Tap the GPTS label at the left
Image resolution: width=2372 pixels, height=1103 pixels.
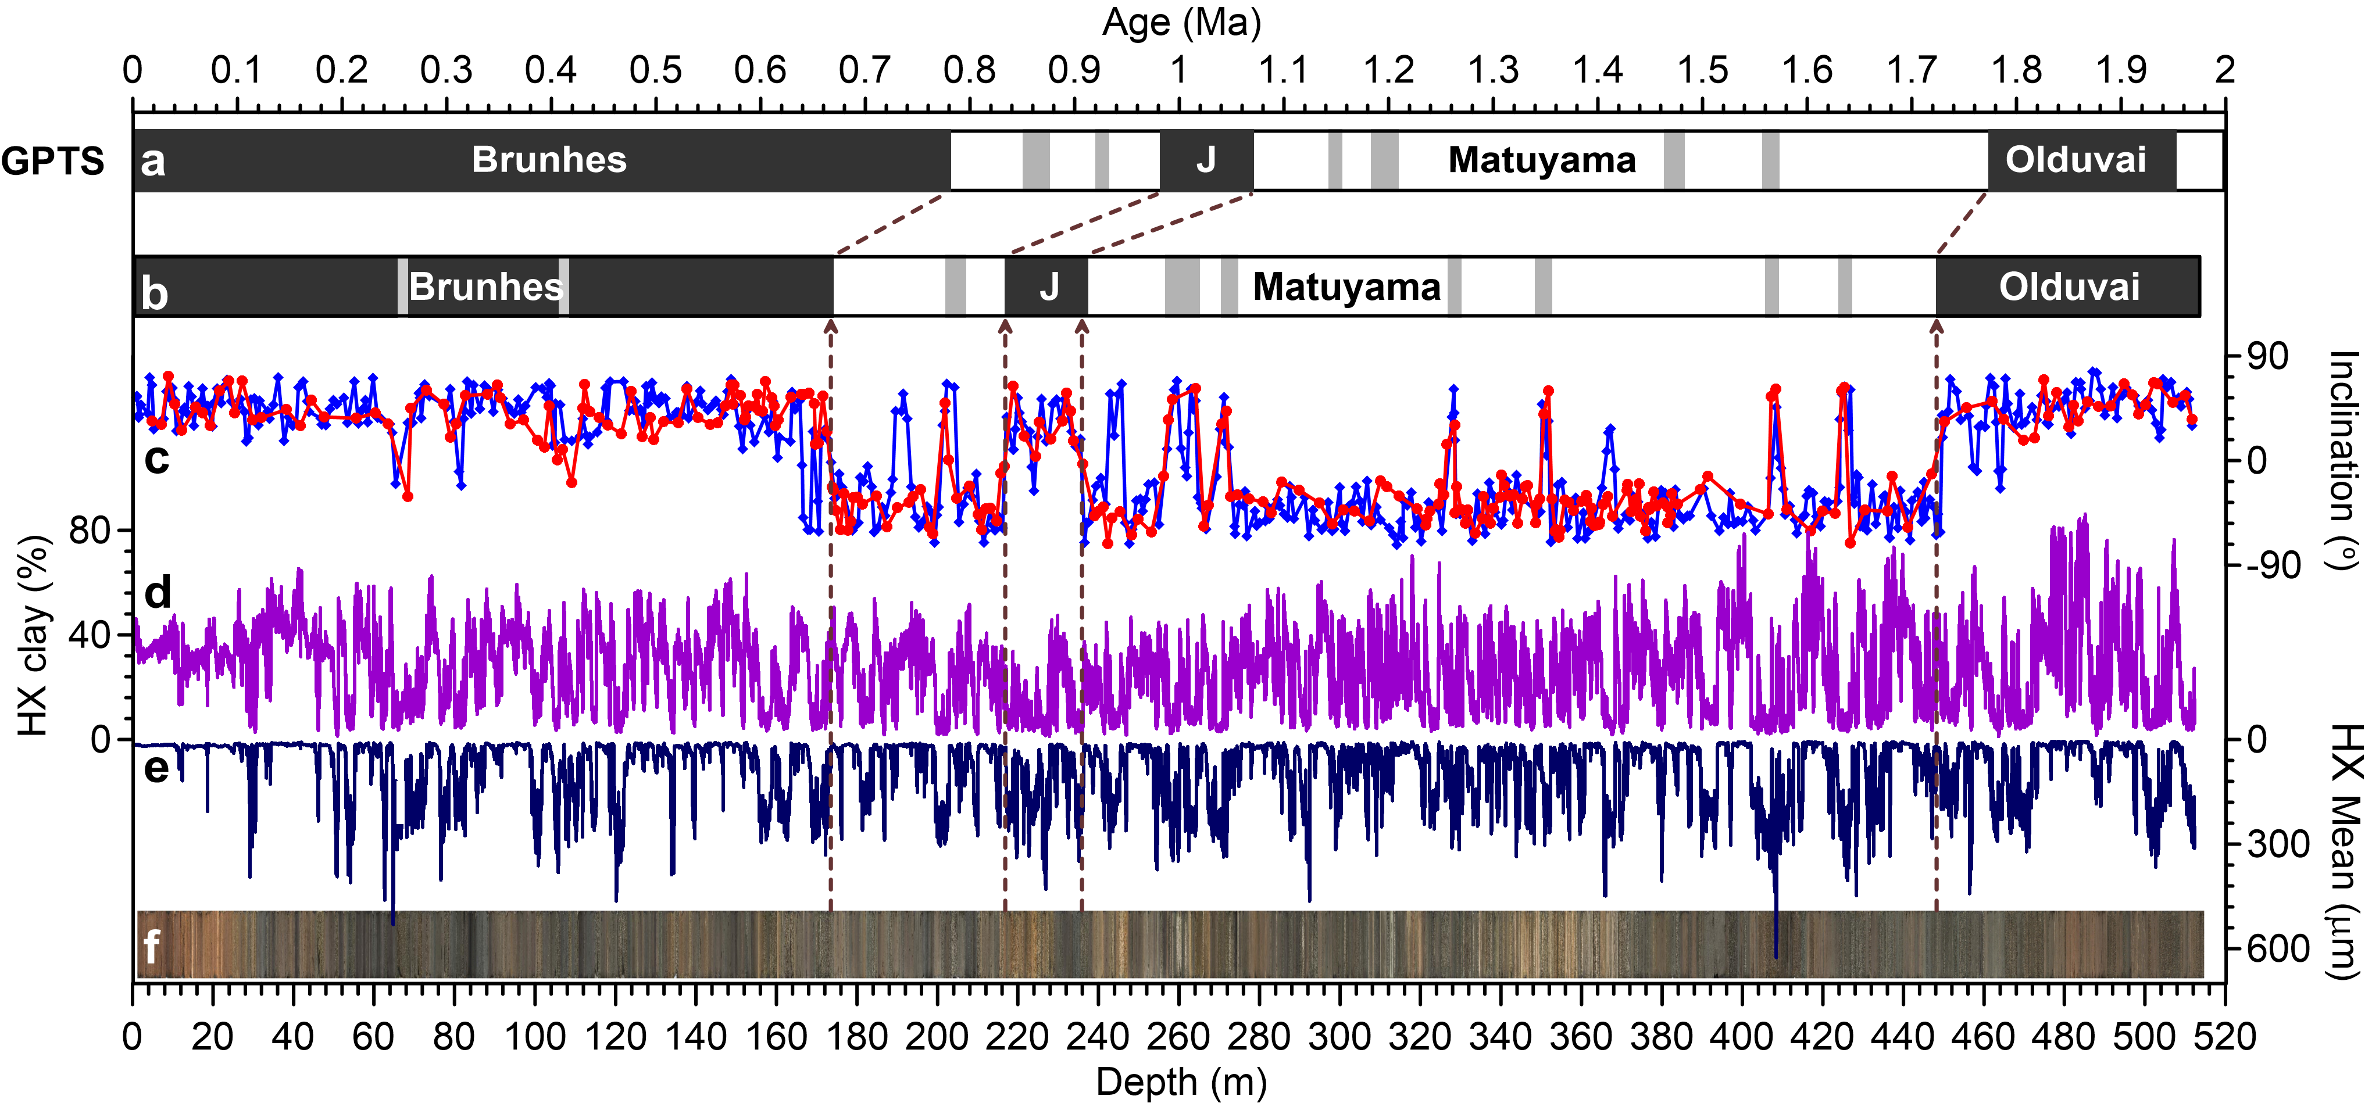click(52, 161)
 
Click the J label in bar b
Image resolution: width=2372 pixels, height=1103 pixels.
click(1049, 287)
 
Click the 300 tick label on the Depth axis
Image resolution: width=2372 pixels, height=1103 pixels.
click(1340, 1037)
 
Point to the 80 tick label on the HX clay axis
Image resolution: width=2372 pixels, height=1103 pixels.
click(90, 531)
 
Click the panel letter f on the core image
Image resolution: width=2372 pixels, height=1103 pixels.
click(152, 946)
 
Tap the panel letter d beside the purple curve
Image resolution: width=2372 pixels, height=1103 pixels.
click(158, 592)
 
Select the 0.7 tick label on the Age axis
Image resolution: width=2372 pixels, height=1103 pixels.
click(864, 70)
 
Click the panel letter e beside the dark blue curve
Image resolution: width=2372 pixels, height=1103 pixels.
click(156, 767)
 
